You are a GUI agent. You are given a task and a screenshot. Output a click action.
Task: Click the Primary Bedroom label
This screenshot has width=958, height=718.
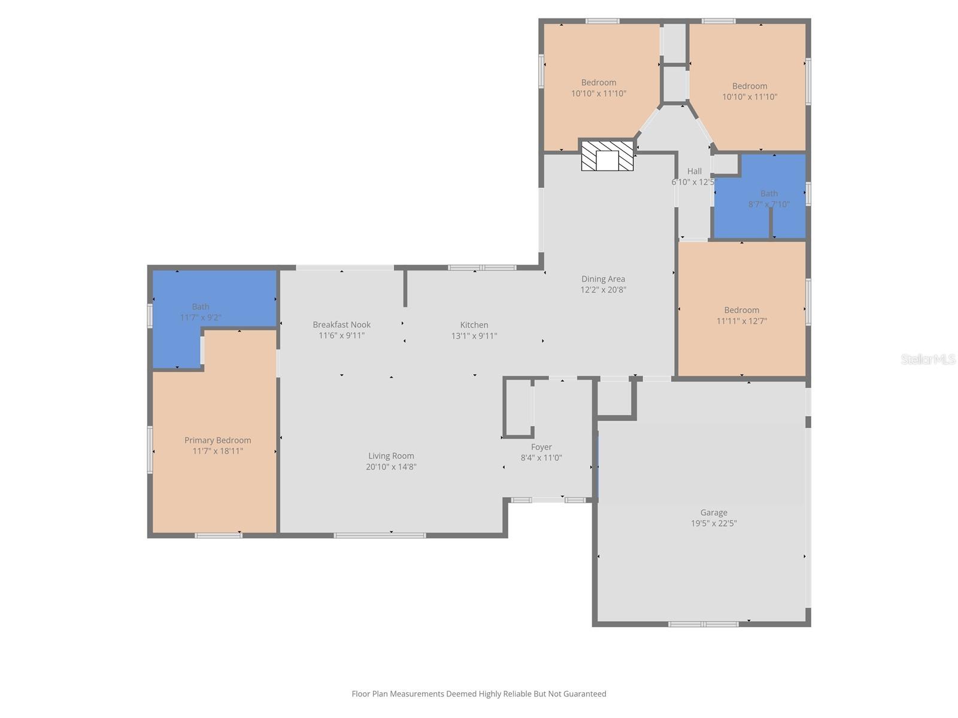[x=217, y=440]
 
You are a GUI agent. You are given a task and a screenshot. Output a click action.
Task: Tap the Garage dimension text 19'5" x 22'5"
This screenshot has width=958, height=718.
[x=714, y=524]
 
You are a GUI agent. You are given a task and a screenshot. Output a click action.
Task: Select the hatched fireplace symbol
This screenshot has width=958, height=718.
[x=607, y=156]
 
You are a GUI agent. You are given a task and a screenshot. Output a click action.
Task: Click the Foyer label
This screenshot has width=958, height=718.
[x=541, y=447]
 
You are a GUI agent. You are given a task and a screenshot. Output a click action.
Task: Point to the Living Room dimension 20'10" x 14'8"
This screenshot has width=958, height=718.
[x=391, y=467]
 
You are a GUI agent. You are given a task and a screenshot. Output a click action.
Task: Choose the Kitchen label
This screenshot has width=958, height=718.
[x=474, y=325]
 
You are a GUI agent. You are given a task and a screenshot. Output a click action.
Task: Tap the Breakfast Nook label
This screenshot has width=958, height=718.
[x=341, y=325]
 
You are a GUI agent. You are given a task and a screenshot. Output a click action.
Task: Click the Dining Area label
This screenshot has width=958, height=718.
[x=603, y=279]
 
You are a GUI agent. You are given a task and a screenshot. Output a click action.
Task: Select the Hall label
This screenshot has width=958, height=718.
[x=694, y=171]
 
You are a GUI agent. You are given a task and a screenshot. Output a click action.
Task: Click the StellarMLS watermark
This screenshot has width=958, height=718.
[x=928, y=359]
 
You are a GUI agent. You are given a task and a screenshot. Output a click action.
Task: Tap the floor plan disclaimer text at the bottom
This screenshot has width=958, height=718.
[x=478, y=694]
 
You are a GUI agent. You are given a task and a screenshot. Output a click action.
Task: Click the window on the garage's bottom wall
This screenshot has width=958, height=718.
[x=703, y=624]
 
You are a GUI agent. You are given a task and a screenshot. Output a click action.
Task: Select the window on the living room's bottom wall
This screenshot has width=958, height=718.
[x=380, y=535]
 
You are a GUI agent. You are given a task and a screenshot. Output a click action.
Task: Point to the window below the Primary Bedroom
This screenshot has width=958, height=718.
[x=219, y=535]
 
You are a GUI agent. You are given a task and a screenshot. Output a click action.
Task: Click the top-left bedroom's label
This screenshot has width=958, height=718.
[x=598, y=83]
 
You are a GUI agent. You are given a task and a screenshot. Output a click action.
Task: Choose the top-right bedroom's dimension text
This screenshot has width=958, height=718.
[x=749, y=97]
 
